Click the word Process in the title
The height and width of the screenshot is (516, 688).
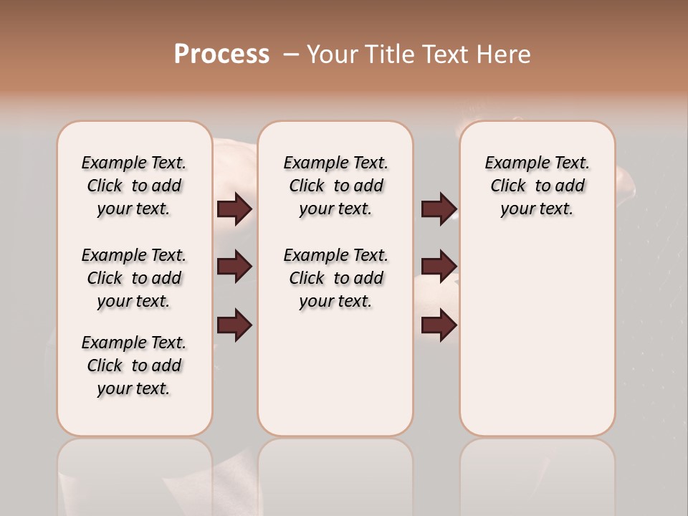point(221,54)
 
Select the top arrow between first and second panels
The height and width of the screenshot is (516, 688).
point(234,209)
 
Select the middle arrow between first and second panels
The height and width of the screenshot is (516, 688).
point(234,267)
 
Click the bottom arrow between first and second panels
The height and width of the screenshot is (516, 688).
point(234,325)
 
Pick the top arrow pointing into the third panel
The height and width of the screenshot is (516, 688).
point(439,209)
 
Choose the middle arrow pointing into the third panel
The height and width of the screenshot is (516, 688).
point(439,267)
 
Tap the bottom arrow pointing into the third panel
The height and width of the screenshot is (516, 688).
point(439,325)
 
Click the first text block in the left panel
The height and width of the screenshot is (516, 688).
point(134,186)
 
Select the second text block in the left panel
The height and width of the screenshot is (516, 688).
point(134,278)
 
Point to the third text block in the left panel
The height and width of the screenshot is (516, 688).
point(134,365)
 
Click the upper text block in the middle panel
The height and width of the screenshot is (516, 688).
point(335,186)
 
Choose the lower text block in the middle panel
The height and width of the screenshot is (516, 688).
point(335,278)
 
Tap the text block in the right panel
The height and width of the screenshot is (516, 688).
point(537,186)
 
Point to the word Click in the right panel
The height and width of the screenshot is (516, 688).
point(508,186)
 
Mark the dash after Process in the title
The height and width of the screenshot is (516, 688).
point(290,54)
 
